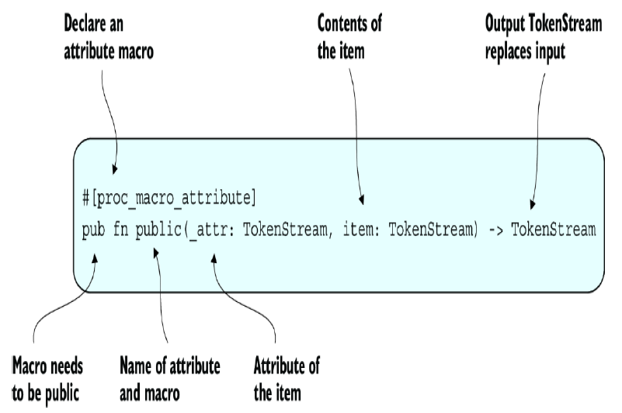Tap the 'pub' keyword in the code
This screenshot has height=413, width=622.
pos(93,231)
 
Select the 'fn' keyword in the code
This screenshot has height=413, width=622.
pos(120,231)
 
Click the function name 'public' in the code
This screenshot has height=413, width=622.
pos(159,231)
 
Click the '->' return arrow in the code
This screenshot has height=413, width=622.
pos(497,231)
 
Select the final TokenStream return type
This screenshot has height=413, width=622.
pos(553,231)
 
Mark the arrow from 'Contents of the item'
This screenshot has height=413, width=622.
pos(354,124)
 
